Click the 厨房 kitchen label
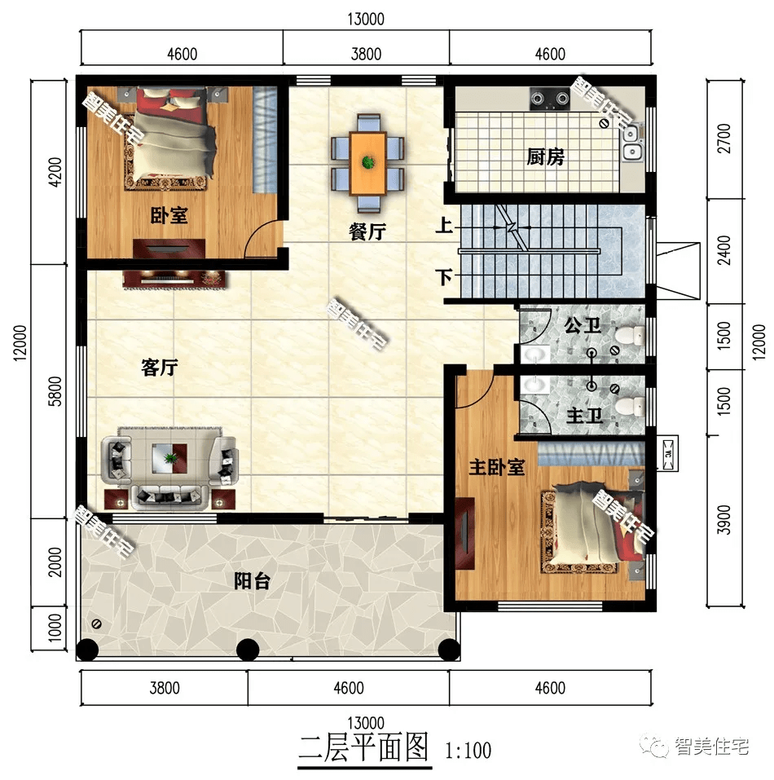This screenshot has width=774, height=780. tap(545, 156)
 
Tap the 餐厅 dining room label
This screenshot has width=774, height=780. tap(367, 231)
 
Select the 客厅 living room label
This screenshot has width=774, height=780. tap(160, 368)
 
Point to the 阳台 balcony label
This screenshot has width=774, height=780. tap(252, 580)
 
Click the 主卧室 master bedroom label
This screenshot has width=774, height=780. tap(497, 467)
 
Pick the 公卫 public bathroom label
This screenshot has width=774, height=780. tap(583, 326)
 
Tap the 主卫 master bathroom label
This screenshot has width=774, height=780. tap(585, 416)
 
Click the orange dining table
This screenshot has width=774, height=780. tap(368, 163)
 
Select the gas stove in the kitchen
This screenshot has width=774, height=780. tap(549, 99)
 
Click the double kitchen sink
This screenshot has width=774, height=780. tap(631, 143)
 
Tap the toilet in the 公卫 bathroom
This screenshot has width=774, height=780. tap(630, 335)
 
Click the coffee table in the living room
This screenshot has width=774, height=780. tap(169, 458)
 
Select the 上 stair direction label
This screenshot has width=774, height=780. tap(444, 225)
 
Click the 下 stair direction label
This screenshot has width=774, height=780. tap(444, 276)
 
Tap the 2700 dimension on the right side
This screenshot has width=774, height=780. tap(725, 139)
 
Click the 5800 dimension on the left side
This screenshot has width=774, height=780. tap(55, 391)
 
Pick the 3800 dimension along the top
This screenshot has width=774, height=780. tap(366, 54)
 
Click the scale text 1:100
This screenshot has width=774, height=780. tap(468, 751)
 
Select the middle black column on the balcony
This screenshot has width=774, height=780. tap(248, 650)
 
